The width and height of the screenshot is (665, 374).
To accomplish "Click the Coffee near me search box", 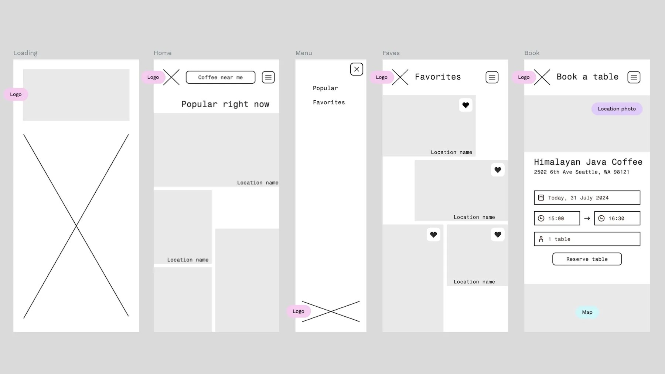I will (x=220, y=77).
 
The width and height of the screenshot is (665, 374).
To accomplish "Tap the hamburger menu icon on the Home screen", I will (x=268, y=77).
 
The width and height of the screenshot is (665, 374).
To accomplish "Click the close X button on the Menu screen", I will (x=357, y=69).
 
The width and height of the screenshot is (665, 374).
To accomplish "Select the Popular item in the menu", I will (x=325, y=88).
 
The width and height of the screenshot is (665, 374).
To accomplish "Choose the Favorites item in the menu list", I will (x=329, y=102).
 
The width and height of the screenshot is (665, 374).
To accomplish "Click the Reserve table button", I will (x=587, y=259).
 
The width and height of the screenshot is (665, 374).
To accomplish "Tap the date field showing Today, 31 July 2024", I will (x=587, y=198).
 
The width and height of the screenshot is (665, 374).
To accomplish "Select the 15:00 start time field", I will (x=557, y=218).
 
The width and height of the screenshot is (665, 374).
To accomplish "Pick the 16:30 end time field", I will (x=617, y=218).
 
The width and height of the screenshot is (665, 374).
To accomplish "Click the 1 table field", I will (x=587, y=239).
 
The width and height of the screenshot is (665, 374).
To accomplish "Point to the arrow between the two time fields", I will (x=587, y=218).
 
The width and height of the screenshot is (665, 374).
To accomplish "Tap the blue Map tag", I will (x=587, y=312).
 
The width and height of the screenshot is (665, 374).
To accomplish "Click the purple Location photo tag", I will (x=617, y=109).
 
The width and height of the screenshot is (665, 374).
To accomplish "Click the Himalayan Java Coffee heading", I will (x=588, y=162).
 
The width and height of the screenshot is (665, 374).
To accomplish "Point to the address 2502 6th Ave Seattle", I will (x=581, y=172).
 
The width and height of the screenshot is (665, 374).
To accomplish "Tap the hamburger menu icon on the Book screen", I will (x=634, y=77).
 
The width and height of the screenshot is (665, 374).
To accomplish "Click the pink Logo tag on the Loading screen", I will (x=16, y=94).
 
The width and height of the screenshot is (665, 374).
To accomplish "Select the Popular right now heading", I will (x=225, y=104).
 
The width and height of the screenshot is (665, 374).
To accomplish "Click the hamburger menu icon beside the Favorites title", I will (x=492, y=77).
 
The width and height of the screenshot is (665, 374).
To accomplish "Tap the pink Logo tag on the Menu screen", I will (x=299, y=311).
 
